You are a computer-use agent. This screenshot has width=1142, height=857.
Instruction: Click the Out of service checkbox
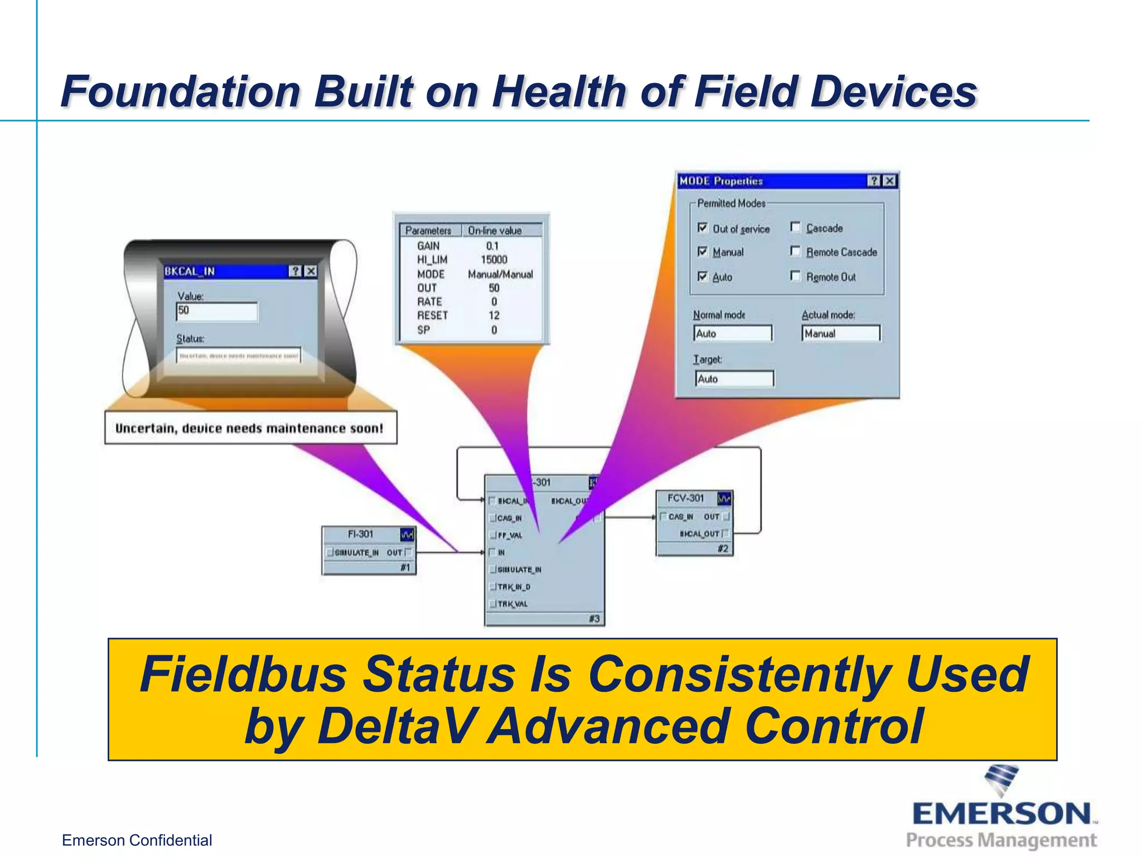coord(703,228)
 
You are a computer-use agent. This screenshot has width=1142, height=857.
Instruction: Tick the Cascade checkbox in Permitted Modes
coord(796,227)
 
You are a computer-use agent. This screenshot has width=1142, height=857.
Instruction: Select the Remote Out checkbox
coord(796,276)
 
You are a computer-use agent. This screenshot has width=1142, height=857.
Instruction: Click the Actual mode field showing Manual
coord(841,334)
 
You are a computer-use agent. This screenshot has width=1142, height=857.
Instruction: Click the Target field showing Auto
coord(734,379)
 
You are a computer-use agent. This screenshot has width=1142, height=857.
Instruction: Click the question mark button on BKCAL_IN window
coord(295,271)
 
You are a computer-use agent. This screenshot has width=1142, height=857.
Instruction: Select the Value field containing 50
coord(217,311)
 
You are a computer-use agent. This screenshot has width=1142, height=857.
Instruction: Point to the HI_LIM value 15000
coord(493,260)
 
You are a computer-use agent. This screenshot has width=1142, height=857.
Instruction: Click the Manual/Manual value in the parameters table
coord(500,275)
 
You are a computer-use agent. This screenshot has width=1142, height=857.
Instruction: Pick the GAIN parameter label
coord(428,246)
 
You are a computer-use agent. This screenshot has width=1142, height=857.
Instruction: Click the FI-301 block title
coord(360,535)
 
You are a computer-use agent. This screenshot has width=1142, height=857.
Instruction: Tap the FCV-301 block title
coord(685,498)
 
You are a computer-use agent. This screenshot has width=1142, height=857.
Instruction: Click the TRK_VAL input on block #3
coord(511,604)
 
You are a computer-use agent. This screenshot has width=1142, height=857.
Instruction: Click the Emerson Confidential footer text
coord(137,840)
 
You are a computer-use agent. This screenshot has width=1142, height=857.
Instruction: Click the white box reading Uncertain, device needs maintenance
coord(250,428)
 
